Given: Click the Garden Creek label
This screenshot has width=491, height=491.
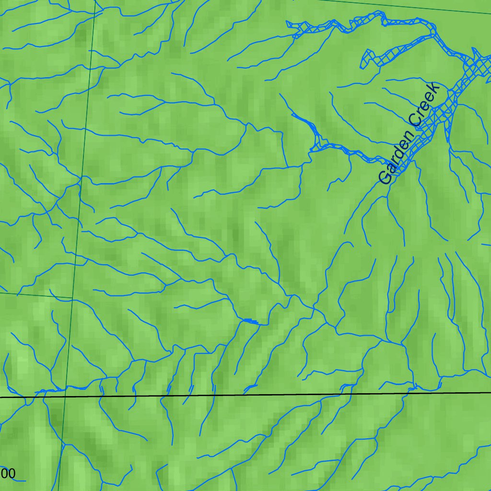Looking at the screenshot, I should pyautogui.click(x=409, y=133).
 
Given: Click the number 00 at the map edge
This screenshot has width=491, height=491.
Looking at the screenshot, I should pyautogui.click(x=8, y=474).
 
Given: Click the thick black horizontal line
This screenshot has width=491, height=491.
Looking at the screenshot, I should pyautogui.click(x=240, y=395).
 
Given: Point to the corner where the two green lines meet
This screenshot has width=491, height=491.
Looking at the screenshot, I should pyautogui.click(x=72, y=298).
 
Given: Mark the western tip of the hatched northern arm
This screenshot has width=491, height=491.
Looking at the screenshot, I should pyautogui.click(x=289, y=23).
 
